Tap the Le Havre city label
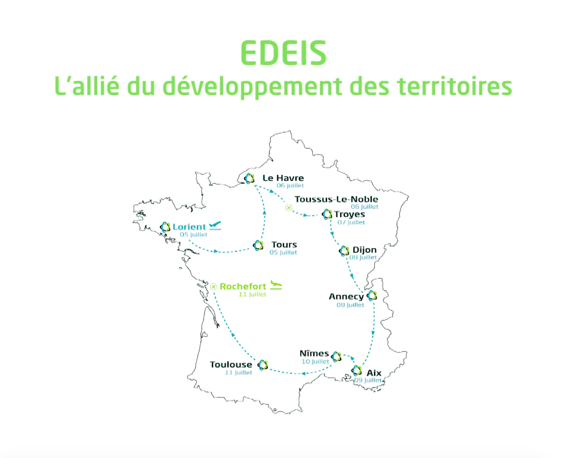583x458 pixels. (x=283, y=178)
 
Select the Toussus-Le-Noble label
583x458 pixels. (x=336, y=199)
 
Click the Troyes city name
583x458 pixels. (x=350, y=214)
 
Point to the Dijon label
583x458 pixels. (x=365, y=250)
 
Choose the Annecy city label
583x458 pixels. (x=346, y=296)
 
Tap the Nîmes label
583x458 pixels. (x=314, y=353)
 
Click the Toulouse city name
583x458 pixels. (x=231, y=365)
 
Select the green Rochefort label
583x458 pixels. (x=243, y=286)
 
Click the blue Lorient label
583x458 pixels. (x=189, y=227)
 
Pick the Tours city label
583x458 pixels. (x=284, y=245)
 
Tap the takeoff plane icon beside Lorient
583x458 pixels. (x=215, y=225)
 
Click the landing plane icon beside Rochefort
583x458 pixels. (x=276, y=285)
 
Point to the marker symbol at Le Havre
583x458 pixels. (x=249, y=179)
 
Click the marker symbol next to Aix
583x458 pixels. (x=357, y=370)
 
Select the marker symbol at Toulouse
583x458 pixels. (x=263, y=365)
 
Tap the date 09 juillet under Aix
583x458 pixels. (x=368, y=380)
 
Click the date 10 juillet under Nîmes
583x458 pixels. (x=315, y=361)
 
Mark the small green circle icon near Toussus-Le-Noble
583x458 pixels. (x=289, y=208)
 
